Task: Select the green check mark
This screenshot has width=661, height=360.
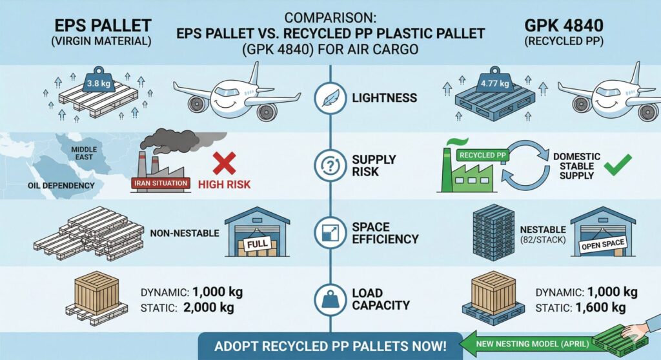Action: click(x=614, y=167)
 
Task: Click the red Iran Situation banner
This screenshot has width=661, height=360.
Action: click(x=161, y=183)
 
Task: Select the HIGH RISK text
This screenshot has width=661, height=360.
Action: click(x=225, y=185)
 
